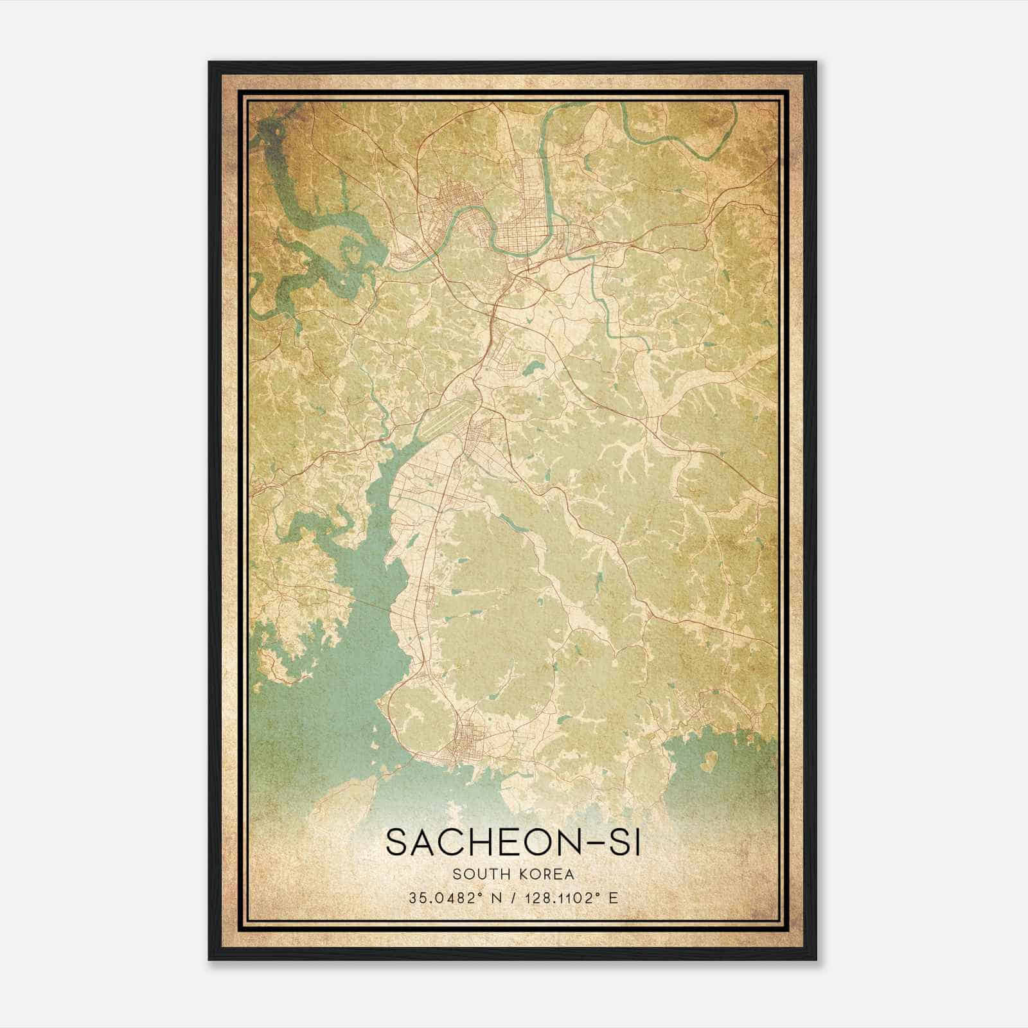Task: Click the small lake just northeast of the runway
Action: [533, 369]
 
